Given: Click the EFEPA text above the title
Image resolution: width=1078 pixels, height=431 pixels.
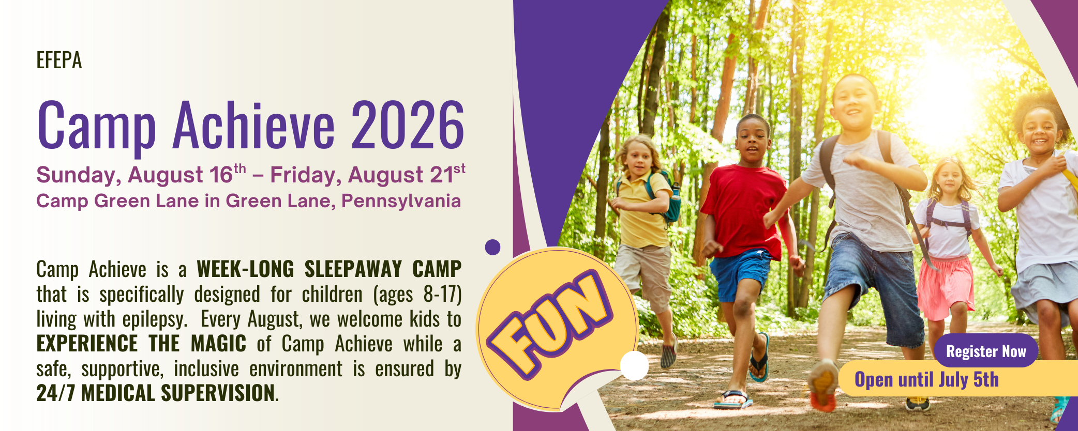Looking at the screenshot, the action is click(59, 60).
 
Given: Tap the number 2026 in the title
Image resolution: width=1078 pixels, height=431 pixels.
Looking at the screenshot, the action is click(408, 126).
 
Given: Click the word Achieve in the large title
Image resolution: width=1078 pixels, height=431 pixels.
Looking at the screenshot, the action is click(253, 126).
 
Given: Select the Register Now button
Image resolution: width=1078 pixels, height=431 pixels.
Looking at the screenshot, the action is click(986, 351).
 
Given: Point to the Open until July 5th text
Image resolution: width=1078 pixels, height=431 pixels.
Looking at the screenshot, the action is click(926, 380).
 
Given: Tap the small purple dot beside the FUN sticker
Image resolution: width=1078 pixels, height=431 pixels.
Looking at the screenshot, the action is click(493, 247).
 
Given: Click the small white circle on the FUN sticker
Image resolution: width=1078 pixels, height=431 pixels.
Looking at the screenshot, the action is click(634, 365).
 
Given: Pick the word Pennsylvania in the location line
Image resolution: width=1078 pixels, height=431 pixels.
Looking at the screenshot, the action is click(401, 201).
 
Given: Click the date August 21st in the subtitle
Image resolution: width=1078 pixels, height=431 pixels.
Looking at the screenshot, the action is click(407, 175).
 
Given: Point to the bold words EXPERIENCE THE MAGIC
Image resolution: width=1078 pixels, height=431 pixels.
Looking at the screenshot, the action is click(141, 344).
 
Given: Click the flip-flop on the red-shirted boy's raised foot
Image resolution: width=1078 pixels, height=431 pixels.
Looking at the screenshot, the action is click(759, 358).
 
